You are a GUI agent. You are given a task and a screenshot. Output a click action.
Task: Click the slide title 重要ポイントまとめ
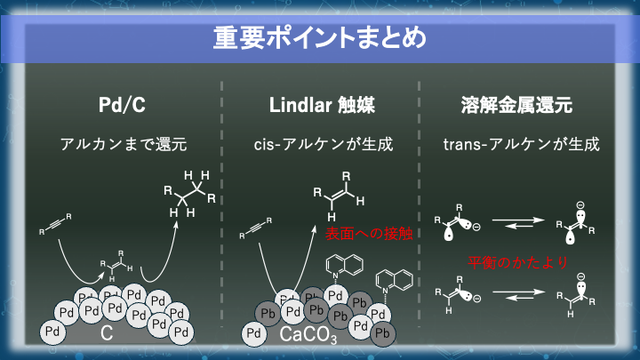pyautogui.click(x=319, y=39)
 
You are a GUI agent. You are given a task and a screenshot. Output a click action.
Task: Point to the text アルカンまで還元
pyautogui.click(x=123, y=143)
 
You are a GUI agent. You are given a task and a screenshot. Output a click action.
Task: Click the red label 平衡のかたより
pyautogui.click(x=517, y=262)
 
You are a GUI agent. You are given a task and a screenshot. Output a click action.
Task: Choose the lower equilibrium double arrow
pyautogui.click(x=516, y=294)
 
